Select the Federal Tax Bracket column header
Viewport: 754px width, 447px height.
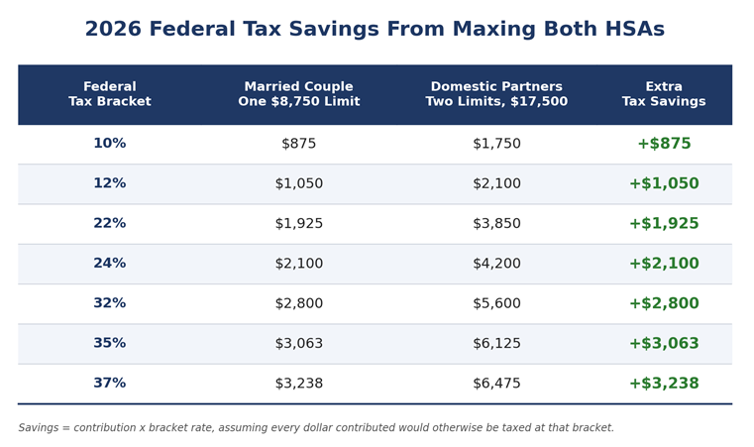tap(110, 94)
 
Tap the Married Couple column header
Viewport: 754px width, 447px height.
tap(298, 94)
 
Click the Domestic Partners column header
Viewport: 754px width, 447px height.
tap(496, 94)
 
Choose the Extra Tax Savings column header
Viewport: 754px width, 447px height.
tap(664, 94)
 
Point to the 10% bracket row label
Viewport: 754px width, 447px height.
tap(110, 144)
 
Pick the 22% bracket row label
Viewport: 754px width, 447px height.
tap(110, 223)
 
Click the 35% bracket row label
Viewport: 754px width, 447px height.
tap(110, 343)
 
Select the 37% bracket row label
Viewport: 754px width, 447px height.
tap(110, 383)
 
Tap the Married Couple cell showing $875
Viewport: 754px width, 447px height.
tap(298, 144)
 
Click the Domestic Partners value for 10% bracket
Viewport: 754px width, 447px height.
tap(496, 144)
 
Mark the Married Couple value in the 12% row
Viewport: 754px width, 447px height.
tap(298, 183)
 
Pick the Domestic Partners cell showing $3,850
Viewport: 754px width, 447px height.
tap(496, 223)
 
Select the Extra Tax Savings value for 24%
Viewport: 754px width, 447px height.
tap(664, 264)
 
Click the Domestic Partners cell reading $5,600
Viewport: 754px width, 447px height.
tap(496, 303)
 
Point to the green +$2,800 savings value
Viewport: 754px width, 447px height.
tap(664, 303)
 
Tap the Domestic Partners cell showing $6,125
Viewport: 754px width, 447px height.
tap(496, 343)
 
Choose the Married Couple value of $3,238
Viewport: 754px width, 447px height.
tap(298, 383)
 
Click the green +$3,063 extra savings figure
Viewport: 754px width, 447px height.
tap(664, 343)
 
